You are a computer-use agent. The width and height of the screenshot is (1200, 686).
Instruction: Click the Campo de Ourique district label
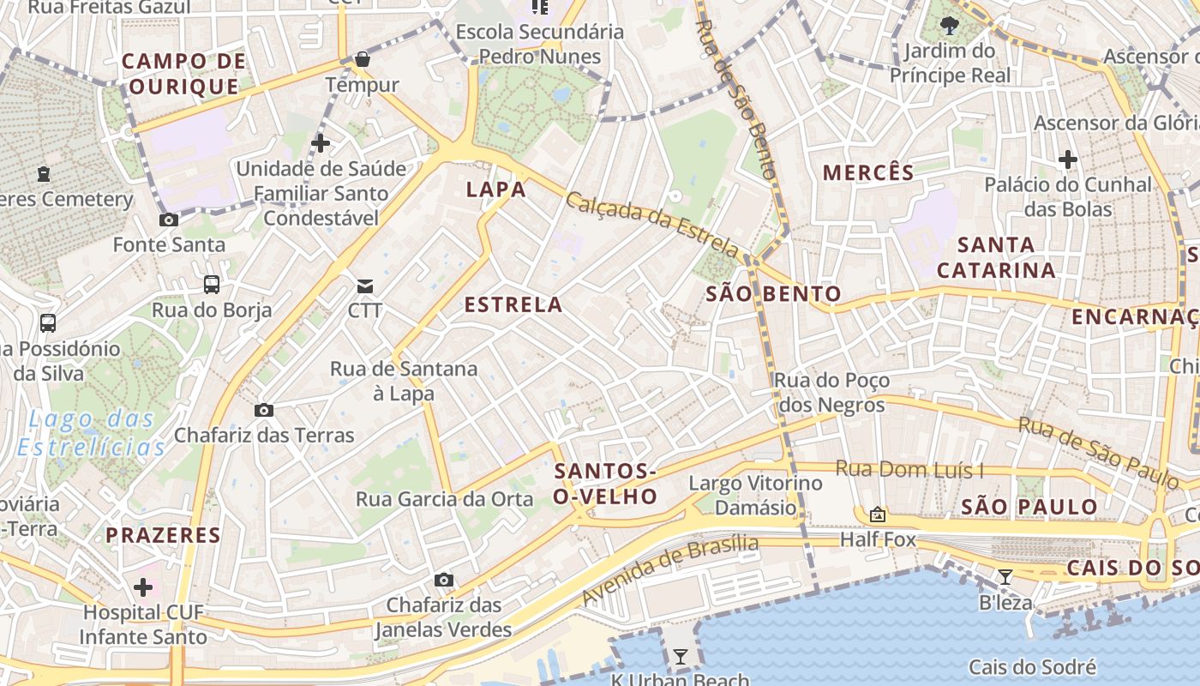coord(183,74)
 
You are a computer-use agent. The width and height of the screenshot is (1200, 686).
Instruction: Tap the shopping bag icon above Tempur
coord(363,59)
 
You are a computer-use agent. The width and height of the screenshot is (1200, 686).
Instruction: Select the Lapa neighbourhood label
coord(495,190)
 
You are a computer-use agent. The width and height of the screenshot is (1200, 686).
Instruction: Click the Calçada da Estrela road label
coord(652,224)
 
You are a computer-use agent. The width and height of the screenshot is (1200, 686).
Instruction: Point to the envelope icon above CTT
coord(365,286)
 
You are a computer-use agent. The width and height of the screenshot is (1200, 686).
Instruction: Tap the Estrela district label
coord(513,304)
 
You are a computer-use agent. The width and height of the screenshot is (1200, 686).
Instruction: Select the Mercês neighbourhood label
coord(868,172)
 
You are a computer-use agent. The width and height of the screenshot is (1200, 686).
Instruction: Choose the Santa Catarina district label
coord(996,257)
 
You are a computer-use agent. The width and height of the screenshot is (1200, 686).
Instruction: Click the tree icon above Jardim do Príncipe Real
coord(949,25)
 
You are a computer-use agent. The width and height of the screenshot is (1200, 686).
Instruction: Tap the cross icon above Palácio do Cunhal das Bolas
coord(1067,159)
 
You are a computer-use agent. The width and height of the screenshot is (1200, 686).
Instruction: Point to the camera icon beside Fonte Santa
coord(169,220)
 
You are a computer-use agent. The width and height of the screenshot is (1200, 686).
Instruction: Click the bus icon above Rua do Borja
coord(211,285)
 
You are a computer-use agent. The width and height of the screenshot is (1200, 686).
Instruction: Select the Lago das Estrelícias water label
coord(91,433)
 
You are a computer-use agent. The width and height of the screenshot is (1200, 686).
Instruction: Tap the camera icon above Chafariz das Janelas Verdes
coord(443,581)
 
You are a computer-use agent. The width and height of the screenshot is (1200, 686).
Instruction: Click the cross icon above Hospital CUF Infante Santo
coord(143,587)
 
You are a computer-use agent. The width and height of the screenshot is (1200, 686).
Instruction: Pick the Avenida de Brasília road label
coord(670,569)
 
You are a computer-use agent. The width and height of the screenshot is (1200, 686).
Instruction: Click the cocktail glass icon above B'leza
coord(1005,577)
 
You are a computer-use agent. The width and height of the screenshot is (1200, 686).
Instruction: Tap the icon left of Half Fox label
coord(877,515)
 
